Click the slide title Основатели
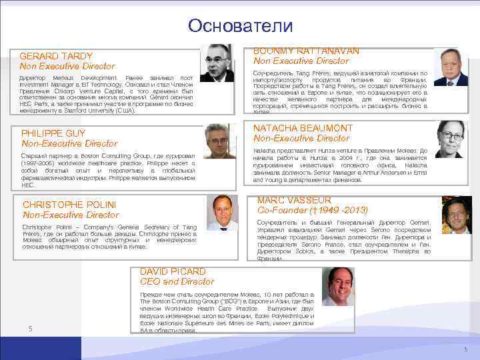tap(240, 25)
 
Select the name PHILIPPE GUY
tap(53, 133)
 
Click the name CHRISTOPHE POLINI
tap(69, 204)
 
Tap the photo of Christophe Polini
tap(222, 213)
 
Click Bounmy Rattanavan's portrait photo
tap(451, 69)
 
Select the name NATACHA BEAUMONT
tap(303, 127)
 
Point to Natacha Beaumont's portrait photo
tap(451, 139)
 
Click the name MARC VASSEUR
tap(294, 200)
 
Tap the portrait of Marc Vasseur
tap(457, 214)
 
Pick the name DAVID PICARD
tap(173, 271)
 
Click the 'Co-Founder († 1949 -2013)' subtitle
tap(313, 210)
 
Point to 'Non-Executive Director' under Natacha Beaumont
tap(301, 138)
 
